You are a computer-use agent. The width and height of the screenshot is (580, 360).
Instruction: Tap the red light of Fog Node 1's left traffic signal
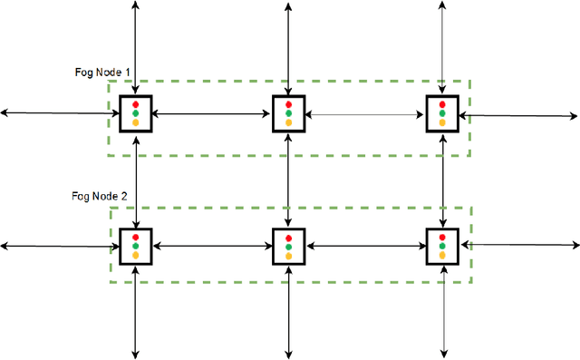coord(136,103)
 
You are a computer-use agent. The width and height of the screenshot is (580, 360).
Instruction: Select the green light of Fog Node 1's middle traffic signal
coord(288,112)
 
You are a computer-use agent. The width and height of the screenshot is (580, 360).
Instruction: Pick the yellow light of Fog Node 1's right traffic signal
coord(442,122)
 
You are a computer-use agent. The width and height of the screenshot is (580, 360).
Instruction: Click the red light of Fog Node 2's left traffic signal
coord(136,237)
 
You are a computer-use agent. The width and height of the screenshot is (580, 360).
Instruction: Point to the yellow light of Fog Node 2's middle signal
coord(288,255)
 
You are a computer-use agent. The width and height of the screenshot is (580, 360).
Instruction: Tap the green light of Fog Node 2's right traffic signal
coord(442,246)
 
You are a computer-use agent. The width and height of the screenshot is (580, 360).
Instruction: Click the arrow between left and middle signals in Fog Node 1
coord(212,114)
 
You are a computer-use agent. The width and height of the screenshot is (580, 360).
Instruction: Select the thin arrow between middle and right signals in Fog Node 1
coord(365,114)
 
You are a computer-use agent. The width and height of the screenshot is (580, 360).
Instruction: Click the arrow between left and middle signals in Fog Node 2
coord(212,246)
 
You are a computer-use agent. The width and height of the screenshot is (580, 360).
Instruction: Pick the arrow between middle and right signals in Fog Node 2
coord(365,246)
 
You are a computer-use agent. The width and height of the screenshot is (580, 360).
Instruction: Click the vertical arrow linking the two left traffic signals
coord(136,180)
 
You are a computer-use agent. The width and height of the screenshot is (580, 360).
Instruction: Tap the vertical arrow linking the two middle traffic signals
coord(288,180)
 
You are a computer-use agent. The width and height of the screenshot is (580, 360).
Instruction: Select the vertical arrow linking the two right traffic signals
coord(442,180)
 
